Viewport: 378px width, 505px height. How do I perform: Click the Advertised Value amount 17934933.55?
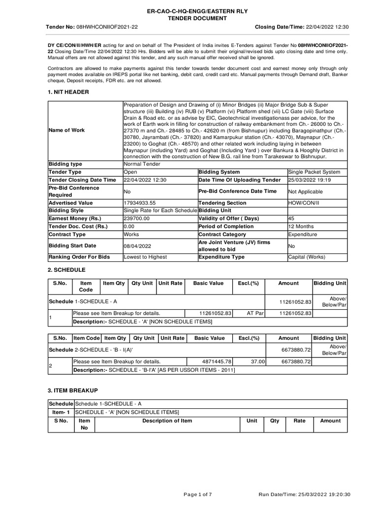(140, 203)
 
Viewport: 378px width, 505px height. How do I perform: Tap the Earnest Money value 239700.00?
(136, 219)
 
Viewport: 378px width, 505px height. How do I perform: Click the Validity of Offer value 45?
(292, 219)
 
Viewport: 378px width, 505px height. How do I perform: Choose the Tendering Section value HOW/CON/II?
(305, 203)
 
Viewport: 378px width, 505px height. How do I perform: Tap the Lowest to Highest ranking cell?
(145, 257)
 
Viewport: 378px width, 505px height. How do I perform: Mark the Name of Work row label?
(66, 130)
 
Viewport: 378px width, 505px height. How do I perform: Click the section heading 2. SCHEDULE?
(66, 270)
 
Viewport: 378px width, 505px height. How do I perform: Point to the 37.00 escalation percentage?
(258, 361)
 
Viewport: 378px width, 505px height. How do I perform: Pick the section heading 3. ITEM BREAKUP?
(72, 390)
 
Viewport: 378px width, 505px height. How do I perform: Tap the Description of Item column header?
(167, 421)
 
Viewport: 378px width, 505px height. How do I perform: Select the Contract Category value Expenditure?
(303, 235)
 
